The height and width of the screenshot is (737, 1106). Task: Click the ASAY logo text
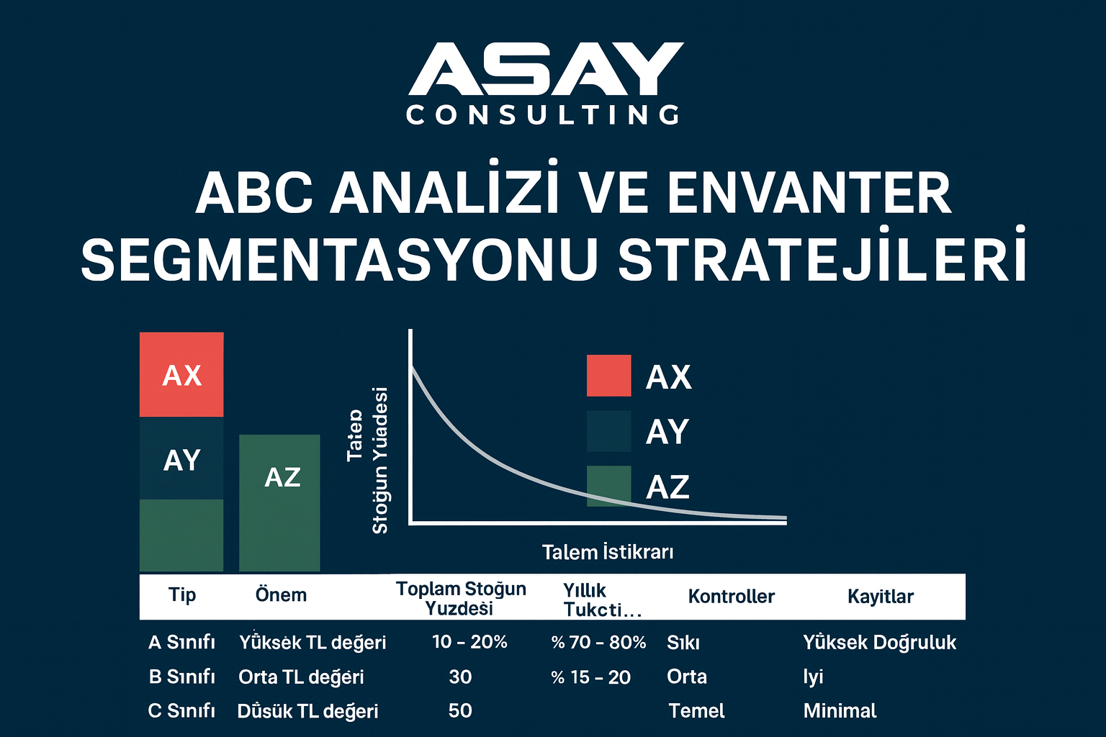tap(546, 69)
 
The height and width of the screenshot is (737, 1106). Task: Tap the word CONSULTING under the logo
tap(543, 115)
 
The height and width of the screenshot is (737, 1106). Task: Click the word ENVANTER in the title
tap(809, 193)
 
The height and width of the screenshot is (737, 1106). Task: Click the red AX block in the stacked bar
tap(181, 375)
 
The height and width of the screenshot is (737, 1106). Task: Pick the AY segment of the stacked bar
tap(181, 459)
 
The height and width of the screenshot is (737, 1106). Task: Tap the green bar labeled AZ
tap(279, 503)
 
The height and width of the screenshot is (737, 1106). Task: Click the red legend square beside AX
tap(608, 376)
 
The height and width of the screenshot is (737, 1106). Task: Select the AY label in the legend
tap(667, 432)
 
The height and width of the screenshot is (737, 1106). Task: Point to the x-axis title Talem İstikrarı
tap(608, 552)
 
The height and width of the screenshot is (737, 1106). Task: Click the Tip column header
tap(182, 594)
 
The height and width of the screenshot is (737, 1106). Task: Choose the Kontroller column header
tap(731, 596)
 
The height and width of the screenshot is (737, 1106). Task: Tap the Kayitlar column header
tap(880, 596)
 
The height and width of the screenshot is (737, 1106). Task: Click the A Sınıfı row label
tap(181, 642)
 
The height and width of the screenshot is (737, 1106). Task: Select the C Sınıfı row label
tap(181, 711)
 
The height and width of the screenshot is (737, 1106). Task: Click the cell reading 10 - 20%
tap(469, 642)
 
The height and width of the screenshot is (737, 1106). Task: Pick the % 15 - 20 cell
tap(590, 677)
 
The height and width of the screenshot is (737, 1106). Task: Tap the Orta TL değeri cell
tap(301, 677)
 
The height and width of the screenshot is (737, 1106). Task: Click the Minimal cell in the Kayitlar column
tap(840, 711)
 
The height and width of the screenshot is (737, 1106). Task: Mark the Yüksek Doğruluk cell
tap(879, 642)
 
